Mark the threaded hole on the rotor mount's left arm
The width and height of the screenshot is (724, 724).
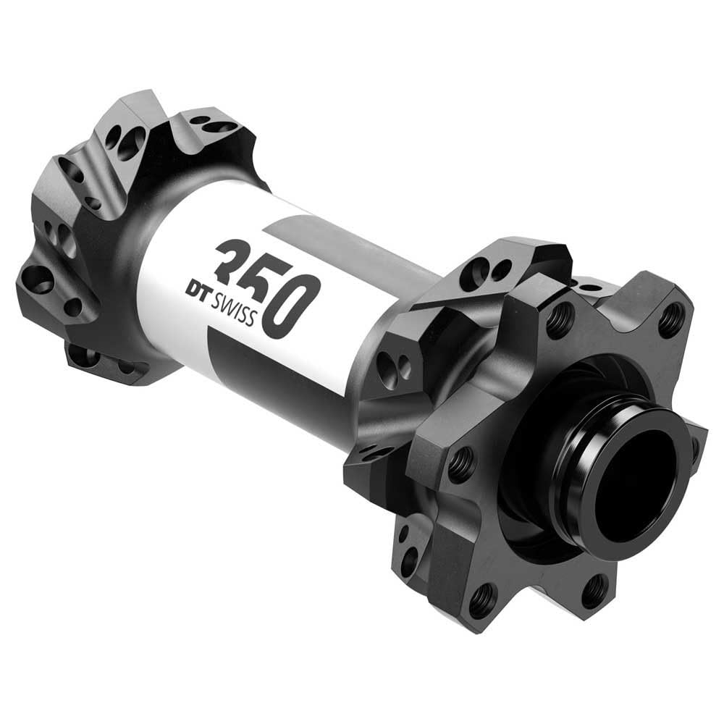click(461, 464)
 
